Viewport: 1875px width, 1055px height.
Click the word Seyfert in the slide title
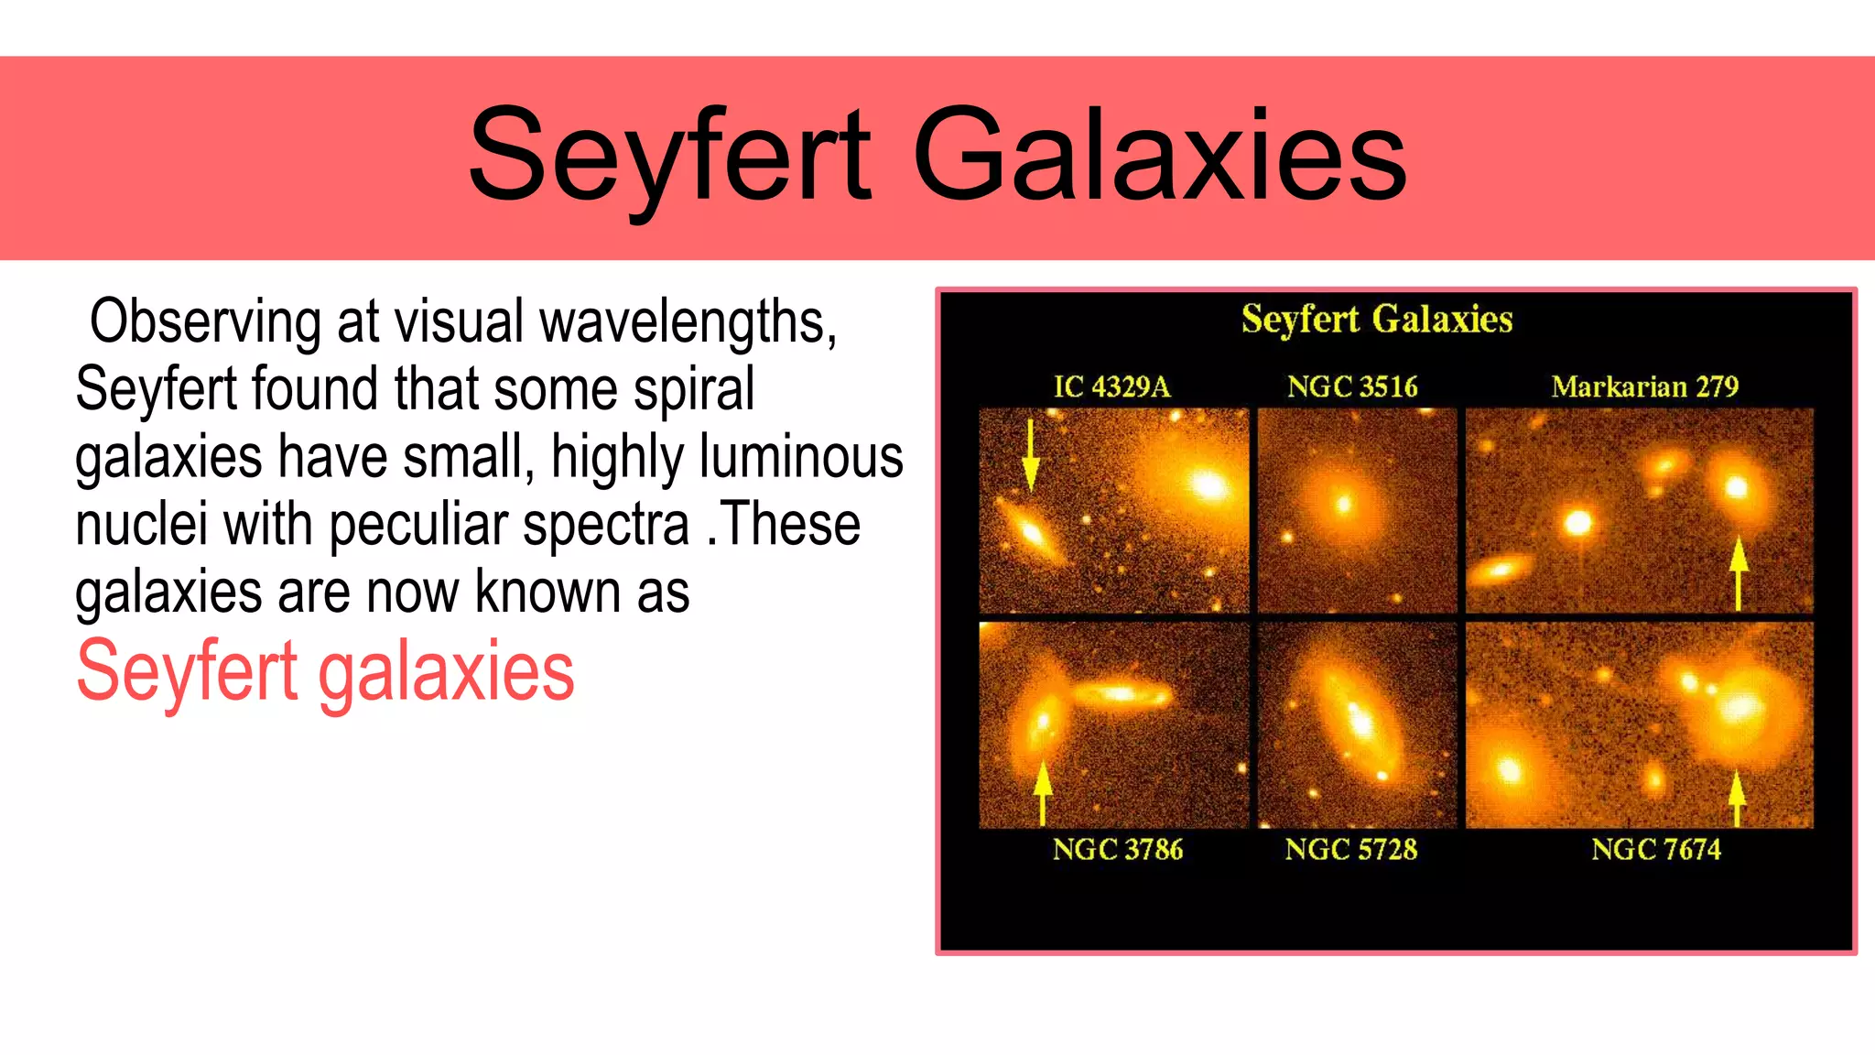point(671,156)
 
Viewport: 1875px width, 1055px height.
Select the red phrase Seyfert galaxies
point(325,671)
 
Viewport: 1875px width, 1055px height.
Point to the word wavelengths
point(688,322)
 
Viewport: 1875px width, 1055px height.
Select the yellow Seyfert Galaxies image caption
point(1376,320)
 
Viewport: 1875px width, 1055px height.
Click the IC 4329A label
point(1111,386)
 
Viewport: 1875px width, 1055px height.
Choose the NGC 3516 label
point(1352,386)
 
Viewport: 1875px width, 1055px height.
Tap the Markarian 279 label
point(1644,386)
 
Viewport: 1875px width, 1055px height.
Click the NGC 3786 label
point(1117,849)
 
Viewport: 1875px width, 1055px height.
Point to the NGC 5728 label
point(1350,849)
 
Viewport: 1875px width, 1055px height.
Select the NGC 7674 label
point(1655,849)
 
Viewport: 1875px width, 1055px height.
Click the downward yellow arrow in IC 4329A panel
point(1031,454)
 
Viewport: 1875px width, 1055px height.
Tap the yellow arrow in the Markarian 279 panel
point(1739,573)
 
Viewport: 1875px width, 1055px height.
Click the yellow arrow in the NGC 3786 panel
point(1042,791)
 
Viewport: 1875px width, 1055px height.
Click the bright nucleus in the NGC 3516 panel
point(1344,504)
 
